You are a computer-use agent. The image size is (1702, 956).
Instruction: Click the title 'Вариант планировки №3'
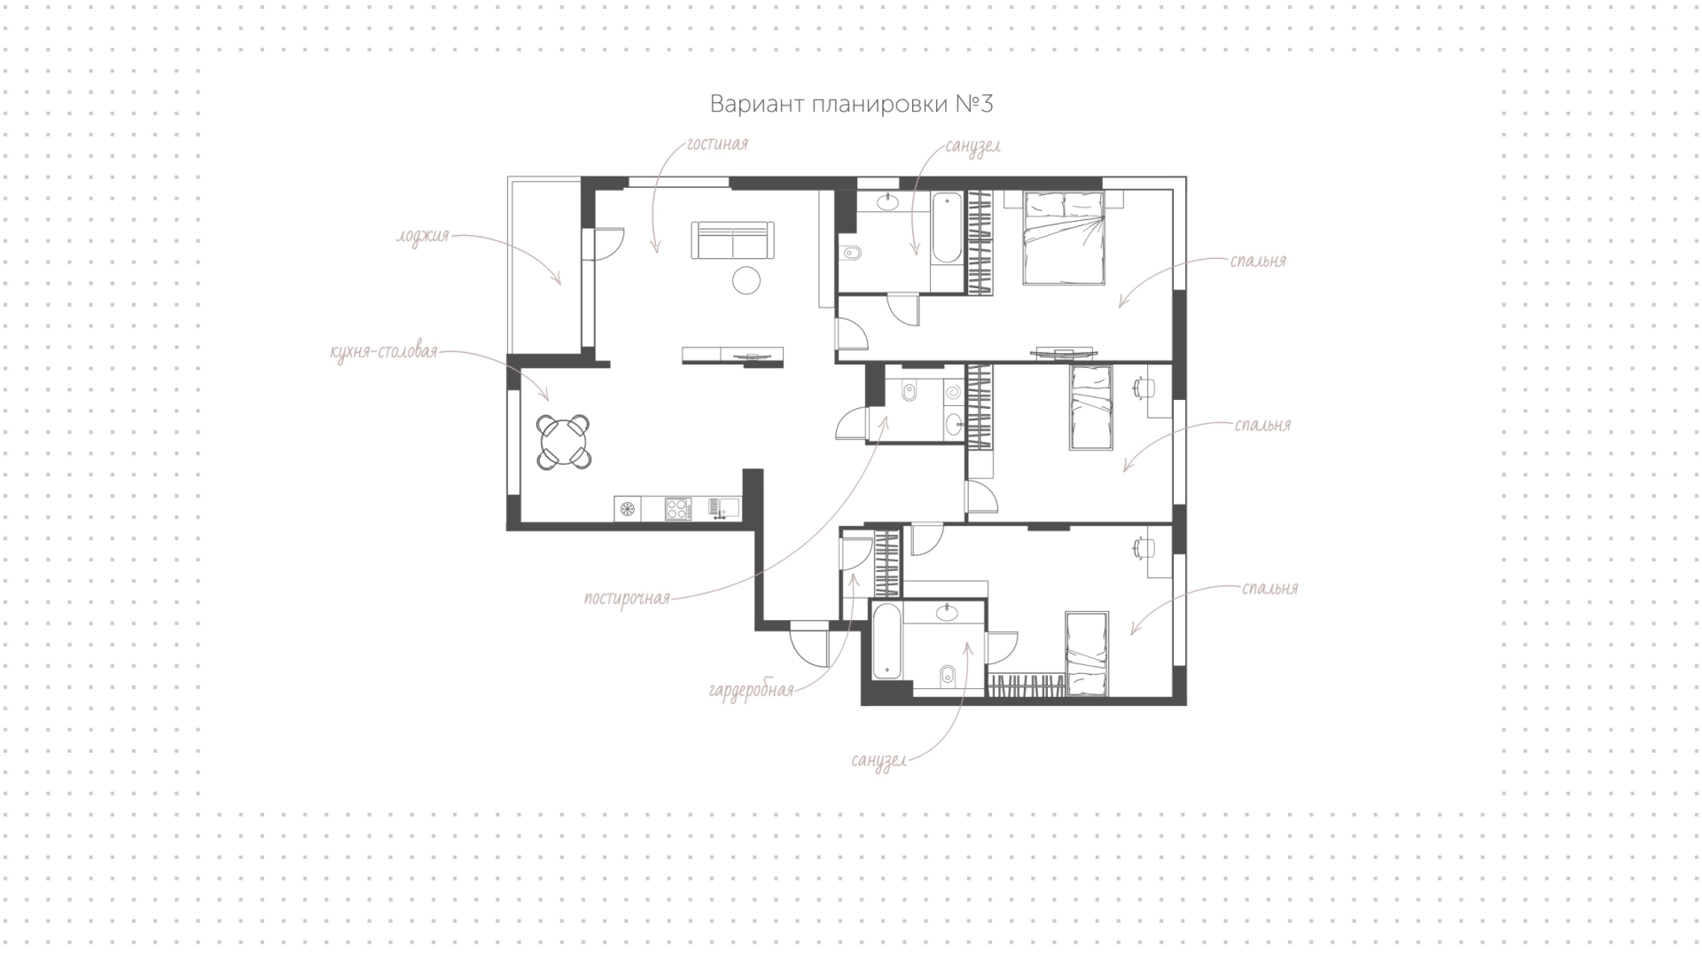(851, 104)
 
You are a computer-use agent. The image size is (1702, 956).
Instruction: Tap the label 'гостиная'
(717, 144)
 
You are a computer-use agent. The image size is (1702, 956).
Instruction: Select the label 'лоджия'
(423, 237)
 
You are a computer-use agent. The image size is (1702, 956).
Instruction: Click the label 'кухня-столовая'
(384, 352)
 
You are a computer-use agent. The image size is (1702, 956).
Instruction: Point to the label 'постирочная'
(627, 599)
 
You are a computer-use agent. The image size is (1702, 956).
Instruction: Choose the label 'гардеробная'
(752, 690)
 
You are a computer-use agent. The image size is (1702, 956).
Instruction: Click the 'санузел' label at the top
(972, 145)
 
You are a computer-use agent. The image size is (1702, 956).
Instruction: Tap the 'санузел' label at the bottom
(878, 761)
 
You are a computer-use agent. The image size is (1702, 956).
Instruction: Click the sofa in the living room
(732, 240)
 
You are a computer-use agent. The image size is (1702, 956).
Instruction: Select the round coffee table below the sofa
(746, 280)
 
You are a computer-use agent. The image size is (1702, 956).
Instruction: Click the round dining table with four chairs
(564, 441)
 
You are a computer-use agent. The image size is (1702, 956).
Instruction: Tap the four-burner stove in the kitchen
(678, 508)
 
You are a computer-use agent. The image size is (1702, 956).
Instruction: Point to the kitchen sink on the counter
(724, 508)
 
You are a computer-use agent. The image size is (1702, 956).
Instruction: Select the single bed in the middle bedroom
(1090, 407)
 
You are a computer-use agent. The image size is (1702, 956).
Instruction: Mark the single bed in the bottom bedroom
(1087, 653)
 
